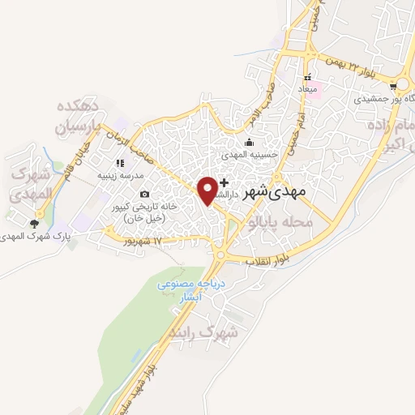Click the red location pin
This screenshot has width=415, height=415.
208,189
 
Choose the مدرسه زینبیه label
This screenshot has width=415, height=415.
121,175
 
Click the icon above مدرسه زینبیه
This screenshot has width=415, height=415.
120,163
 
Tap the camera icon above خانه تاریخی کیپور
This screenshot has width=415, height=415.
144,194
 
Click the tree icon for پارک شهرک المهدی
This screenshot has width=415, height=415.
35,224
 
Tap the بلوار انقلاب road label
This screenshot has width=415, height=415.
272,260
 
